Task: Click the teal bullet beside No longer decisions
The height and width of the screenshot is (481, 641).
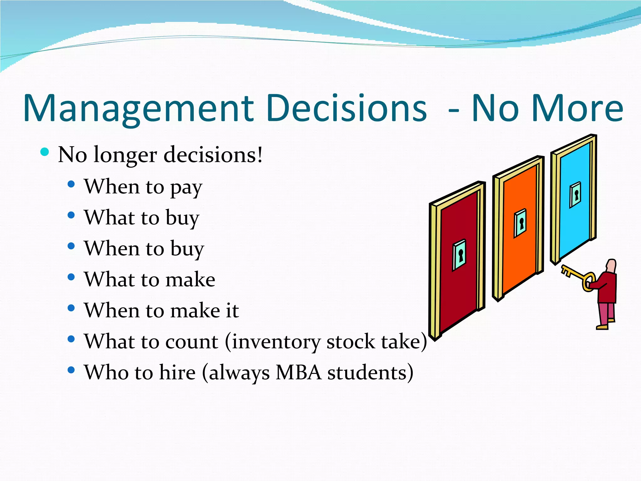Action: coord(45,152)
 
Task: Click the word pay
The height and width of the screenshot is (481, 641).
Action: coord(186,188)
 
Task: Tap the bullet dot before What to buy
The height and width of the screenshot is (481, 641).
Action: coord(71,215)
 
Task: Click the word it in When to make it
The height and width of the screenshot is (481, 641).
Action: coord(232,310)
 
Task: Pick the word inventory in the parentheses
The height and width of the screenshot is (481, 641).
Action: coord(276,342)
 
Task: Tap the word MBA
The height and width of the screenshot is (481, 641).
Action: coord(298,373)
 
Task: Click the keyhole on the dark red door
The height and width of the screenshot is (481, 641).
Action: coord(460,255)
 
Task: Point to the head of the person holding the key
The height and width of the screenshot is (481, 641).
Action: coord(611,266)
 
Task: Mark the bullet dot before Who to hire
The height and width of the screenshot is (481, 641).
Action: coord(71,370)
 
